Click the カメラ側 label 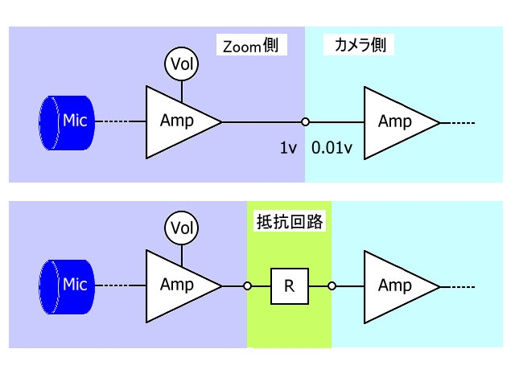(360, 46)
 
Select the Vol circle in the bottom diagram (181, 228)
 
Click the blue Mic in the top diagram (68, 122)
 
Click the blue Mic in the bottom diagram (68, 285)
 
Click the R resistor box (290, 285)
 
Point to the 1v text (289, 148)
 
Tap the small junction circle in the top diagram (305, 122)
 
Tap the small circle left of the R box (248, 285)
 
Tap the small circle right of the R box (331, 285)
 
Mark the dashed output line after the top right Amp (458, 122)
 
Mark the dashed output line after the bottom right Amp (458, 285)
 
